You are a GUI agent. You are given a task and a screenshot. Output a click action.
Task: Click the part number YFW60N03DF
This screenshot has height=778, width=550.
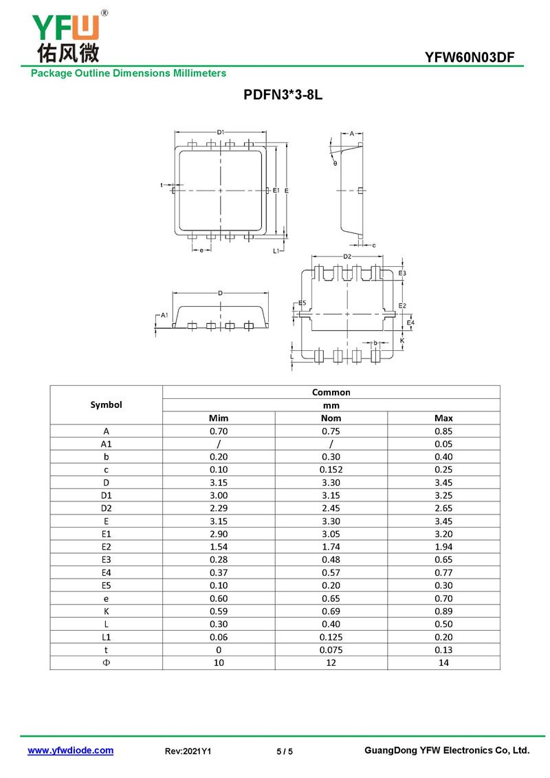(470, 58)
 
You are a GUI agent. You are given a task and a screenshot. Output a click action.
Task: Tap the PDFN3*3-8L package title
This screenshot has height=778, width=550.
(283, 96)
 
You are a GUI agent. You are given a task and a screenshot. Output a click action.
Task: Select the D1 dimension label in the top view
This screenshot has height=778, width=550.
(221, 132)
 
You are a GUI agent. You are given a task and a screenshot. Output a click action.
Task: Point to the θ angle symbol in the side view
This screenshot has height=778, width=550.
(335, 163)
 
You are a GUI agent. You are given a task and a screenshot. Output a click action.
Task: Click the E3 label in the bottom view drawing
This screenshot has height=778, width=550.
(402, 273)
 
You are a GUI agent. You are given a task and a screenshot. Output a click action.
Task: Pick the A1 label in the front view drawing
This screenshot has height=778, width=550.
(164, 314)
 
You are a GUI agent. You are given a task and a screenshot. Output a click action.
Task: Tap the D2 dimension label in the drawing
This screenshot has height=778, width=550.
(347, 257)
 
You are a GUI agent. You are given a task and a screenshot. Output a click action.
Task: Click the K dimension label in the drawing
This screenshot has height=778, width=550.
(402, 341)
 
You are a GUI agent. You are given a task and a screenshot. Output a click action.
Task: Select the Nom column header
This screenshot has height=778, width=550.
(331, 418)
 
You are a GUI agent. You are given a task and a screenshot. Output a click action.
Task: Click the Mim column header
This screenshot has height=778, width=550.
(218, 418)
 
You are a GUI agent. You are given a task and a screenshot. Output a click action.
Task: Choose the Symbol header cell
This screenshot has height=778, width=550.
(106, 404)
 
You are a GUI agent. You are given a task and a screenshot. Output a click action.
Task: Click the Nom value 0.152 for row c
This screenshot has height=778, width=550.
(331, 469)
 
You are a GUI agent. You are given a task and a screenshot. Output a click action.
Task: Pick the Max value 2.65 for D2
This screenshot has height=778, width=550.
(443, 508)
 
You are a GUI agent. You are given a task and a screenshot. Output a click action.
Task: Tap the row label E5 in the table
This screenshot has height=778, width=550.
(106, 585)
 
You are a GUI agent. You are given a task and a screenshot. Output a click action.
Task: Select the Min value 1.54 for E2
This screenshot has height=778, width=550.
(218, 546)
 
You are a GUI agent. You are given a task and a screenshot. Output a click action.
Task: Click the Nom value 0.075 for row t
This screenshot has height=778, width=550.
(331, 649)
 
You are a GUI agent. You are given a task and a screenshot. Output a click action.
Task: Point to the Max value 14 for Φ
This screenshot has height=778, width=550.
(443, 662)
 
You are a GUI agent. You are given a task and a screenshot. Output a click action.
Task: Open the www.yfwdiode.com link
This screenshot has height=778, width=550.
(70, 750)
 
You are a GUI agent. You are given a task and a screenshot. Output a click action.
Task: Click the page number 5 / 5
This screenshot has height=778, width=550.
(285, 752)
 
